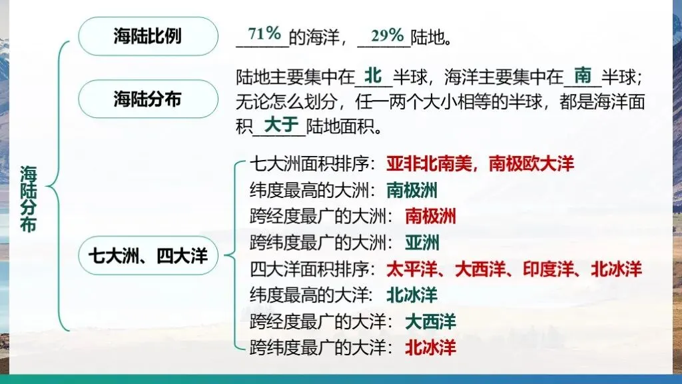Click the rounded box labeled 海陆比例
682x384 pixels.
point(147,36)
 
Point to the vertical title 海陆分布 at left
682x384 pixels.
point(29,199)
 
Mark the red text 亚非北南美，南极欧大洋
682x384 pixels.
point(480,164)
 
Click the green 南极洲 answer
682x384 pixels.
point(412,191)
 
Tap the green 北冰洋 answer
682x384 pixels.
point(412,295)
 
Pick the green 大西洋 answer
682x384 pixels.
point(431,321)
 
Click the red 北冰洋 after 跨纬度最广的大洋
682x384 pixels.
point(431,347)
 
